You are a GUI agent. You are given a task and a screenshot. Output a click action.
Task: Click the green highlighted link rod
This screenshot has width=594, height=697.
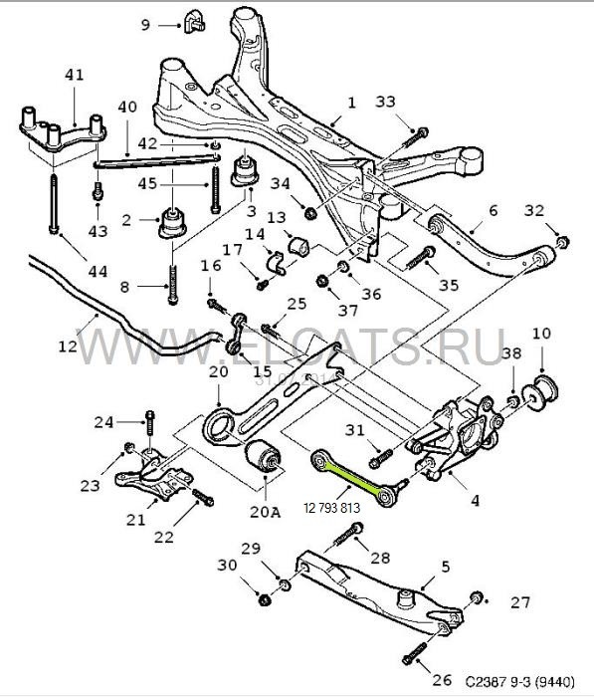(x=354, y=478)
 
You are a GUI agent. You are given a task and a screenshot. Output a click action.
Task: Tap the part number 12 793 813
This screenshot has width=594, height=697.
(x=332, y=508)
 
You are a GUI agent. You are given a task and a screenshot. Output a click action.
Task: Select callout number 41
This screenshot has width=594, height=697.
(x=74, y=75)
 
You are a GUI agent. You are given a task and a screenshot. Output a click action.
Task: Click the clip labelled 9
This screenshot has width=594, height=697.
(x=193, y=21)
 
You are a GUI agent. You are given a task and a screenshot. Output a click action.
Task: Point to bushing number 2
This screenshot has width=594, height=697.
(x=172, y=223)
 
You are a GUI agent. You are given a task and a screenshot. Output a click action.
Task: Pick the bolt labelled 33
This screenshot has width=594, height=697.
(x=415, y=138)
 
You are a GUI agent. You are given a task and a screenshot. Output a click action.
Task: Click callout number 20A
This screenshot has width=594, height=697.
(x=265, y=512)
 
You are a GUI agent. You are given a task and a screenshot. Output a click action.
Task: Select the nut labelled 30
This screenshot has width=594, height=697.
(x=265, y=600)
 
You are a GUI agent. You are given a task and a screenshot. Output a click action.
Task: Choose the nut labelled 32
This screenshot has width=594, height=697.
(x=563, y=242)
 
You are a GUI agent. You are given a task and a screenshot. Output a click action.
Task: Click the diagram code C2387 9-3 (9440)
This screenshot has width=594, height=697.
(x=519, y=680)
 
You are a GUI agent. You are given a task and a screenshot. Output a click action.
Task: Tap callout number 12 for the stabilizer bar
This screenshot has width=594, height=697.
(x=68, y=346)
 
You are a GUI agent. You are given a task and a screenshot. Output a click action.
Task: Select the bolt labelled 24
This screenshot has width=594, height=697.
(x=149, y=423)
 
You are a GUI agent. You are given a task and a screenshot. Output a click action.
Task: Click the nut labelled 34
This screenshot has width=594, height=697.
(x=310, y=213)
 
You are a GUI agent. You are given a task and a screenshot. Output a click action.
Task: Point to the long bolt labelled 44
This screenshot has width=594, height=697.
(x=53, y=203)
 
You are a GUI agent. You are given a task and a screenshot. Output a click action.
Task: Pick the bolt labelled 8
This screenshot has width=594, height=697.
(x=173, y=285)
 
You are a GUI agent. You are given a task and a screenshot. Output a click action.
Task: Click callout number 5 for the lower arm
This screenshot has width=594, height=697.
(x=446, y=567)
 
